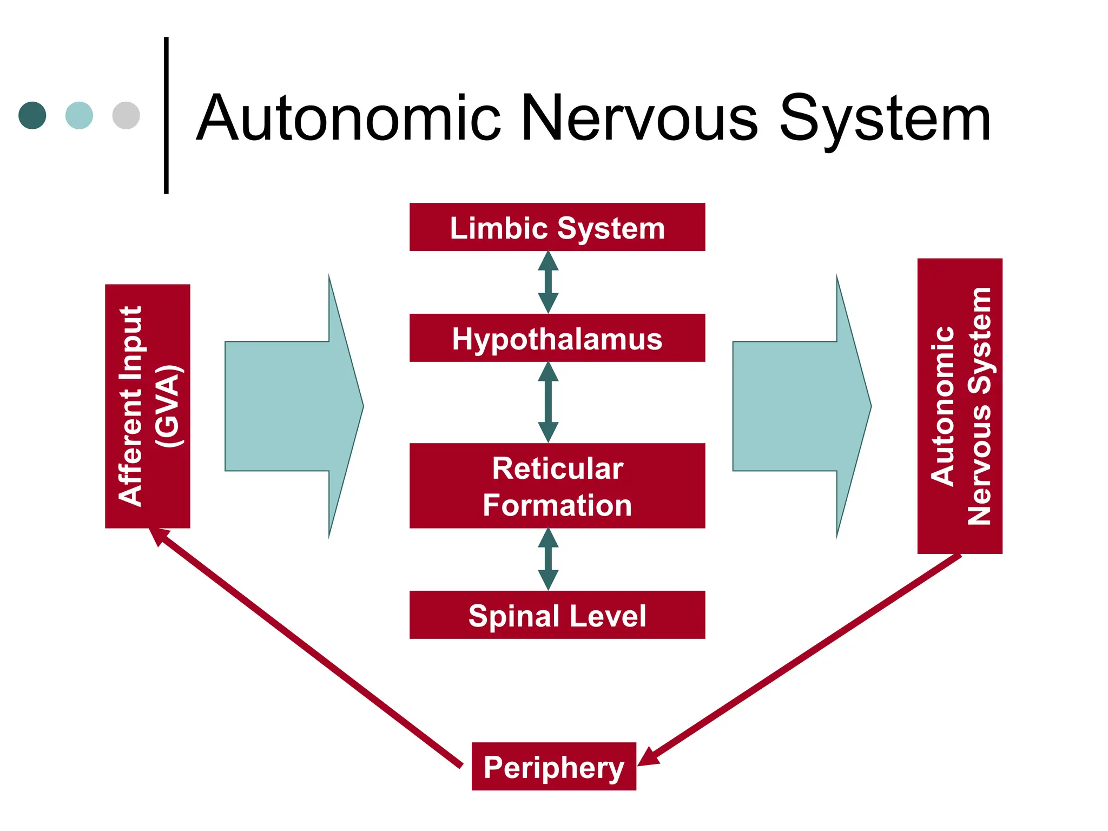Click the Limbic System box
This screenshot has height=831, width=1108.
pos(557,227)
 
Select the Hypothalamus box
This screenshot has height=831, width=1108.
pos(557,338)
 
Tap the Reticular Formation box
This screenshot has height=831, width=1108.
pos(557,485)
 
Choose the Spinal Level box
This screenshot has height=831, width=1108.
pos(557,615)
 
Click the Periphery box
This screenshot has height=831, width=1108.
pos(553,766)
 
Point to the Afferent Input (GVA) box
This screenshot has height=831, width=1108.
pos(147,406)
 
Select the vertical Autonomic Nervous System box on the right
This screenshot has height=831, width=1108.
pos(959,406)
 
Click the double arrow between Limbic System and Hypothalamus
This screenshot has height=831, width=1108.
pos(548,282)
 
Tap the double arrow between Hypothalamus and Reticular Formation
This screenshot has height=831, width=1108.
pos(548,402)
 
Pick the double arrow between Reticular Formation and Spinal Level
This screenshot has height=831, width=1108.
pos(548,559)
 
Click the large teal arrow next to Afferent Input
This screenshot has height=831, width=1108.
pos(292,406)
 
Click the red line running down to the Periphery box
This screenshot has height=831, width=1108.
pos(801,660)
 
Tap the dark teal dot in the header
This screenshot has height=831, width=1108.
pos(32,115)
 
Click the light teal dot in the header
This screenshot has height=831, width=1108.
pos(79,115)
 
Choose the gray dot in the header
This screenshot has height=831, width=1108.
pos(126,115)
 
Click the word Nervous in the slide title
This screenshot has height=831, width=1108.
pos(638,119)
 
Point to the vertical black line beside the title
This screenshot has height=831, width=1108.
pos(166,115)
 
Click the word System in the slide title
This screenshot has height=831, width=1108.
pos(885,119)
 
